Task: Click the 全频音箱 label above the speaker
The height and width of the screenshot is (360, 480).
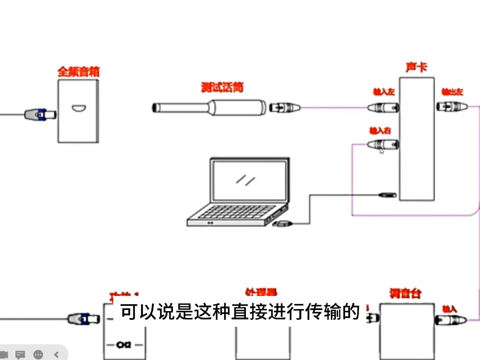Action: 78,72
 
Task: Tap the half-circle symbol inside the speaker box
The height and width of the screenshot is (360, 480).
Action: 79,108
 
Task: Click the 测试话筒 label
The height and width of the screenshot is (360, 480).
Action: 222,87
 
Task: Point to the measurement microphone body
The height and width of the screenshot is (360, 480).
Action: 209,108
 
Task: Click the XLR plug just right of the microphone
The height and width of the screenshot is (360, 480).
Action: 284,108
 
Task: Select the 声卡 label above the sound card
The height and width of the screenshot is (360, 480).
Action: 416,67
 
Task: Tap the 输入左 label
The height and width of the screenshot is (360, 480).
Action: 384,92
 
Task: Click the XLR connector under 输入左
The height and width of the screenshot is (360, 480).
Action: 383,108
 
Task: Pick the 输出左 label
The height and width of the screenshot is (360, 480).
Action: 452,92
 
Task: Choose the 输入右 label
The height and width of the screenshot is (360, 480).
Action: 380,130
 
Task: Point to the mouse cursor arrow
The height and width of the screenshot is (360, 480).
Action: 381,151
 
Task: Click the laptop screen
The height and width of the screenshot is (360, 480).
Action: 249,180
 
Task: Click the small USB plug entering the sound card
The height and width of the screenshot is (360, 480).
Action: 388,195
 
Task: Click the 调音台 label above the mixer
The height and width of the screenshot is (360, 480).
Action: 406,294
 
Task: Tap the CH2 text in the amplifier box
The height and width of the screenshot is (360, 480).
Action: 124,345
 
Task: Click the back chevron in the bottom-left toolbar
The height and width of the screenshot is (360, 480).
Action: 56,354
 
